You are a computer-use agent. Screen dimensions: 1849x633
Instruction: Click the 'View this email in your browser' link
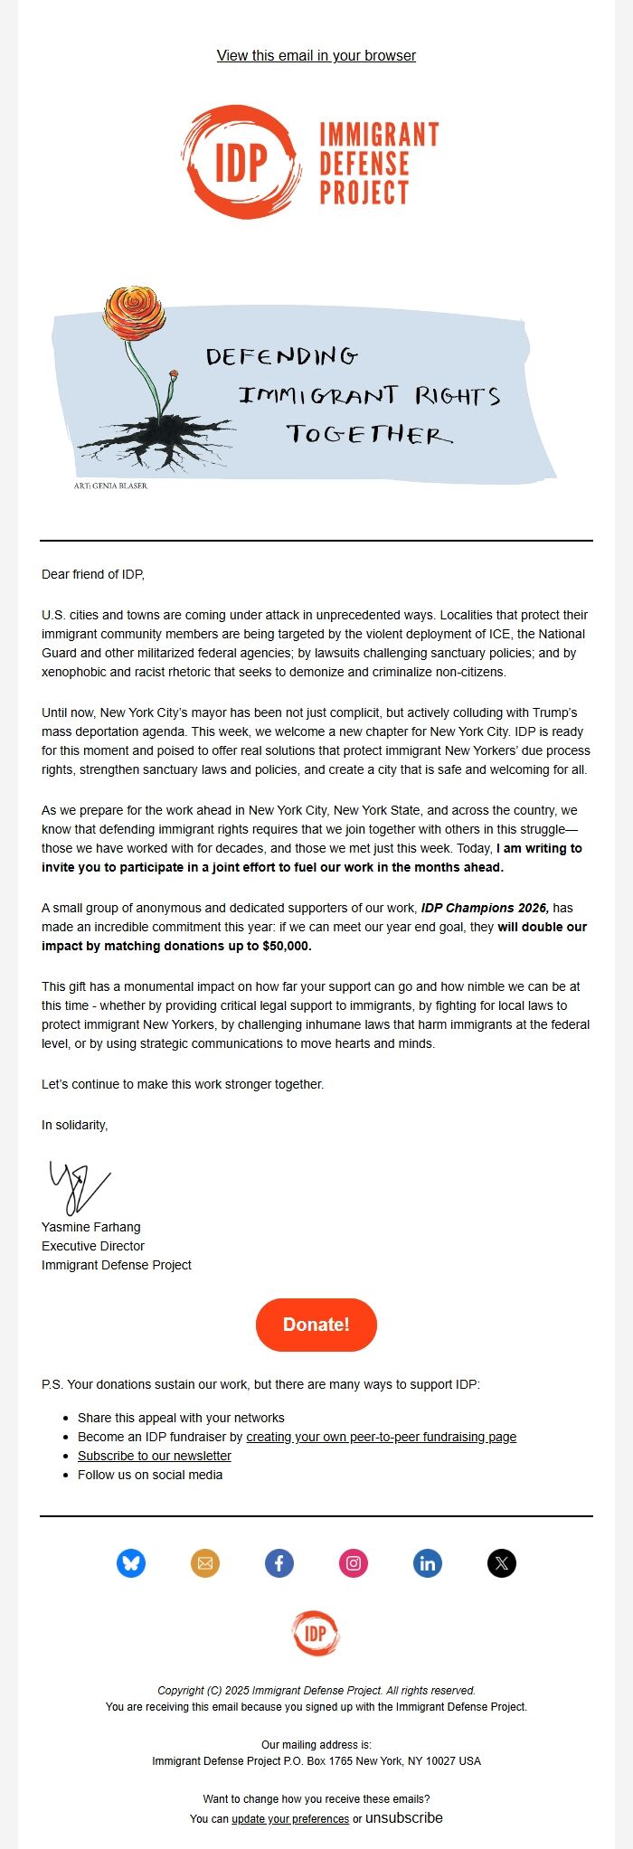pos(316,56)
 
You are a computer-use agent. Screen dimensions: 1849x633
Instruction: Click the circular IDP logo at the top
pos(241,163)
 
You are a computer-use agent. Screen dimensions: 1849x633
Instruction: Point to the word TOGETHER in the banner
pos(369,435)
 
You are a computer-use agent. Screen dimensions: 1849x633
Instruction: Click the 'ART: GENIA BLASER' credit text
pos(110,486)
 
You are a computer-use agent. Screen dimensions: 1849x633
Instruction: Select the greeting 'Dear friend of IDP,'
pos(93,574)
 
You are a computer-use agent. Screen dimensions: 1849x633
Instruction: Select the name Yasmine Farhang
pos(91,1227)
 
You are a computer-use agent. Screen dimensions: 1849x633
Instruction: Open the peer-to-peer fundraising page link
pos(381,1437)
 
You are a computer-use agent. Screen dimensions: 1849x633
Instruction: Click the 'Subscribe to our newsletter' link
pos(155,1456)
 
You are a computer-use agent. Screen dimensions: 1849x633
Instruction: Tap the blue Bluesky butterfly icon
pos(131,1562)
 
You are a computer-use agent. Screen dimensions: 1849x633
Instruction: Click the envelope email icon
pos(205,1562)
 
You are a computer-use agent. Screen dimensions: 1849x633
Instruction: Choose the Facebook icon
pos(279,1562)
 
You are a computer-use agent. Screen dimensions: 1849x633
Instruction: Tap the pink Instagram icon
pos(354,1562)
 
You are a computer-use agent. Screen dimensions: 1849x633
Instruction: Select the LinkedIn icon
pos(428,1562)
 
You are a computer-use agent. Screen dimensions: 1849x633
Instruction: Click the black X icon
pos(502,1562)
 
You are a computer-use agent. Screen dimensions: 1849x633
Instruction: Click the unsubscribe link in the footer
pos(404,1817)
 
